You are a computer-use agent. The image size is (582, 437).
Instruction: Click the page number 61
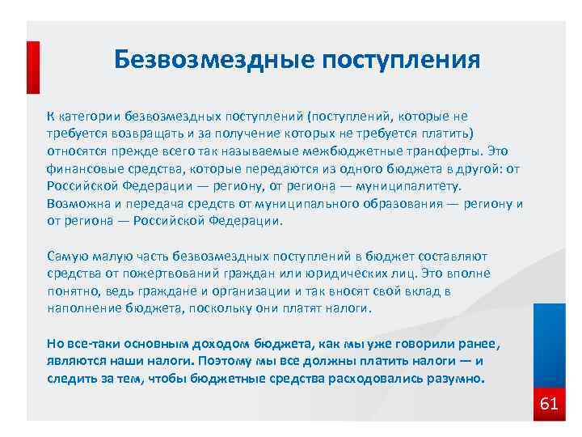(x=549, y=403)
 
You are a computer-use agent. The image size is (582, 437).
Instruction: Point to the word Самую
(x=67, y=256)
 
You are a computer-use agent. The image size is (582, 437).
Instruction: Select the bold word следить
(x=70, y=378)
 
